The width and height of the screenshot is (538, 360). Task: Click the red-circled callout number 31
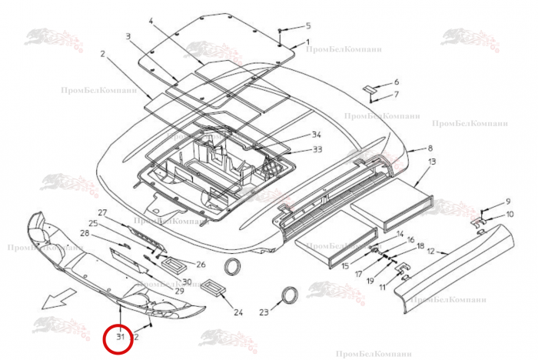click(119, 337)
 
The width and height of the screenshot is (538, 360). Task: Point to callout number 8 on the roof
click(430, 148)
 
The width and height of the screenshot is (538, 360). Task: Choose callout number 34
click(316, 135)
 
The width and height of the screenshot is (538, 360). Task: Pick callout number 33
click(317, 148)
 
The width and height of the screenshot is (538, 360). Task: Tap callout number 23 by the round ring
click(264, 312)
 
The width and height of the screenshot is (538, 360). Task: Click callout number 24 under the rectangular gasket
click(238, 312)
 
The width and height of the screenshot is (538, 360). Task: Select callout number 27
click(100, 212)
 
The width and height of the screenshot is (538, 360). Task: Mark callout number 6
click(397, 82)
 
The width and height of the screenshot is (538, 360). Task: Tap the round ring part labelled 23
click(290, 296)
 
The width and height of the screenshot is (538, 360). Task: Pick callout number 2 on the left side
click(101, 54)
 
